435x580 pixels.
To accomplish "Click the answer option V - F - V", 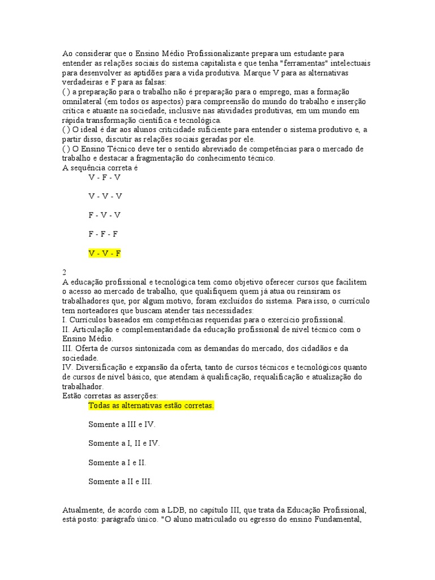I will [x=105, y=177].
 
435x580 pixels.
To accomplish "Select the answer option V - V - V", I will [x=105, y=196].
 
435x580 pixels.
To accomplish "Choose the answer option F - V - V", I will [x=105, y=215].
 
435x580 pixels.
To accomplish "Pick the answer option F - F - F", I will [x=103, y=234].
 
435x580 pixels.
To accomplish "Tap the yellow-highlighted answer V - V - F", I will [x=105, y=253].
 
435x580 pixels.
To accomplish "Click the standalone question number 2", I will [x=65, y=272].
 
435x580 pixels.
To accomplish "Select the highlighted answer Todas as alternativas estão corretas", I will [x=151, y=406].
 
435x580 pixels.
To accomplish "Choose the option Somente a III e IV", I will [x=122, y=424].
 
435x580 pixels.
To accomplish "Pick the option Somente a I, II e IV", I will [x=124, y=443].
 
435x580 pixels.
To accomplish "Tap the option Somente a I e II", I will [x=117, y=462].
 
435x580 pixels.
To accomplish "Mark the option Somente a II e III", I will [x=120, y=481].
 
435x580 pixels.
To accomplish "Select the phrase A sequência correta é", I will [x=100, y=168].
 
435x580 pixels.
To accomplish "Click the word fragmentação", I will [x=144, y=158].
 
